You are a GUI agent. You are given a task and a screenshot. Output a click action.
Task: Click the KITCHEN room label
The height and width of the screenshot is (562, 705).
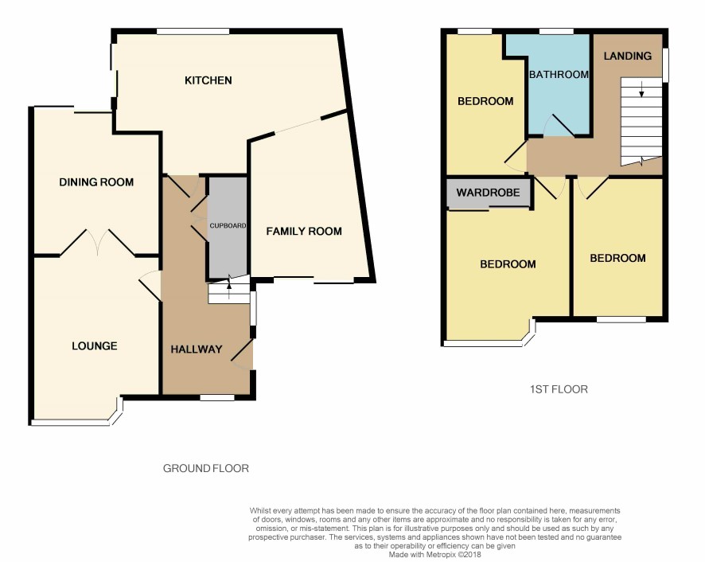tap(208, 80)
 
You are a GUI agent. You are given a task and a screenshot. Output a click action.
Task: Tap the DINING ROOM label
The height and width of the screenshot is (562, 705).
tap(96, 182)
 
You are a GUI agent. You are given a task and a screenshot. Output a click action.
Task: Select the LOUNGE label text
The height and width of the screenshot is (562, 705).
tap(95, 346)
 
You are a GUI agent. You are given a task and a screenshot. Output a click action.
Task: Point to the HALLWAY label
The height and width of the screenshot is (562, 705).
tap(197, 349)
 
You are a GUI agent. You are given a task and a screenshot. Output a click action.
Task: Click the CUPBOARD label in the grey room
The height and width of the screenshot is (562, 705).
tap(228, 226)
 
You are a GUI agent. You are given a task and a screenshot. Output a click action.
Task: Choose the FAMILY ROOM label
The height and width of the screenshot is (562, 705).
tap(304, 232)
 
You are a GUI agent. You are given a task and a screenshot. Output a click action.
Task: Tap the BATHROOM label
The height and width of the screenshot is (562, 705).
tap(559, 75)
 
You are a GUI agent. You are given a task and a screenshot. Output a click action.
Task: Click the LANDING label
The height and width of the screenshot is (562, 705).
tap(628, 57)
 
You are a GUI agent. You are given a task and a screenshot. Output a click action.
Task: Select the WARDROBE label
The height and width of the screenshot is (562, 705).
tap(489, 193)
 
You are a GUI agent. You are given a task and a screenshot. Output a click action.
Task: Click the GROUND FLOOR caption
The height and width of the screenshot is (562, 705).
tap(206, 469)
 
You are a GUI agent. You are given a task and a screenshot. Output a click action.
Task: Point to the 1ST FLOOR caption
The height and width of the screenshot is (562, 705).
tap(559, 390)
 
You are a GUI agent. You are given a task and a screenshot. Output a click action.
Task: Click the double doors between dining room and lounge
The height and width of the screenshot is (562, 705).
tap(98, 243)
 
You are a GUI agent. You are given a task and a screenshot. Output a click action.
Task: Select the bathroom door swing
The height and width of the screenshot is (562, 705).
tap(558, 125)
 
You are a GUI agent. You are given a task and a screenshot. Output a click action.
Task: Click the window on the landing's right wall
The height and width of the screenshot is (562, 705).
tap(665, 65)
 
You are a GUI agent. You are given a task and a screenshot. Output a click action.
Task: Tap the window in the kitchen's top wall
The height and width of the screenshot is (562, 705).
tap(193, 31)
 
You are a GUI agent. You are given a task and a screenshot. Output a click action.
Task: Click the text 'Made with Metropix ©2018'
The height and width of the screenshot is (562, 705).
tap(434, 555)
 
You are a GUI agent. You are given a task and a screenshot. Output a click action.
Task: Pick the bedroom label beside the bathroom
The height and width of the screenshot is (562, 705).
tap(485, 101)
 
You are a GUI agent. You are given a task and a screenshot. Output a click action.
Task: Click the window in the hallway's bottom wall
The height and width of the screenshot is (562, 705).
tap(217, 398)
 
